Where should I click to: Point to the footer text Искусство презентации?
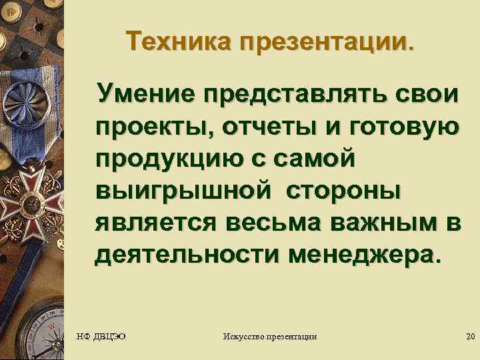(269, 337)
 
